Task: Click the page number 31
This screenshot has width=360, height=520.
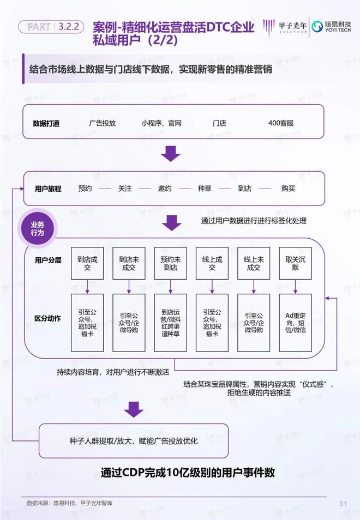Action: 343,503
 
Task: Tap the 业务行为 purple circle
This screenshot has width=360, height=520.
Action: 37,229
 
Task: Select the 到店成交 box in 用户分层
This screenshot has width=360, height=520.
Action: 87,264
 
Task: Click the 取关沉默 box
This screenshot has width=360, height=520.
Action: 295,264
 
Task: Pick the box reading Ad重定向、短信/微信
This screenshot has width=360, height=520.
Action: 295,323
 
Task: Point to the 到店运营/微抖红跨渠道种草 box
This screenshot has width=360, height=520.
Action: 171,323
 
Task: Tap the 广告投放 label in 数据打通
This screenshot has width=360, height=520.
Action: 103,123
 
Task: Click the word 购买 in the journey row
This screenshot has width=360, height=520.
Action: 288,189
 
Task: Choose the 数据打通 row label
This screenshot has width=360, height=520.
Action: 46,124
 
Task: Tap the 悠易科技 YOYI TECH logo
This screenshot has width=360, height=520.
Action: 331,27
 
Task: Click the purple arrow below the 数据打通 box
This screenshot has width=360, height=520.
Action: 171,153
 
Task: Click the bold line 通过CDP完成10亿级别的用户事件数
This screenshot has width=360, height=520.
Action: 187,473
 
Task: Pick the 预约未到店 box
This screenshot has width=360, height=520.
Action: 171,264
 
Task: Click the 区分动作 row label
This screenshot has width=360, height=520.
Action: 47,318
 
